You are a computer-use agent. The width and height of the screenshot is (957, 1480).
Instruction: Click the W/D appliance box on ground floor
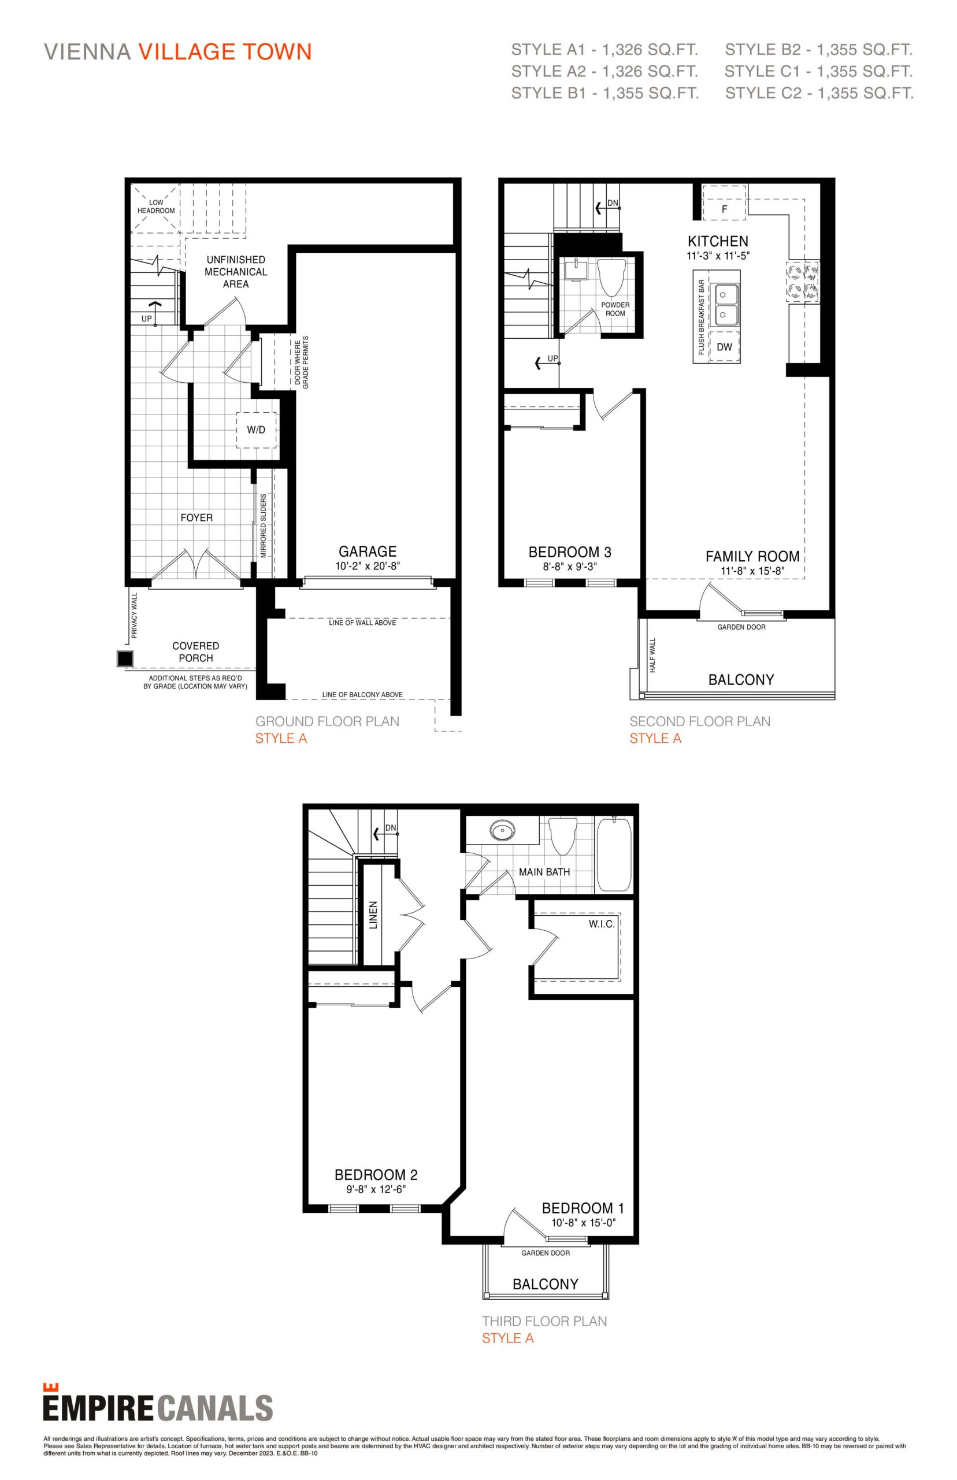(256, 429)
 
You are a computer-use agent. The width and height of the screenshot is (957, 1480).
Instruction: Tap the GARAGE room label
(368, 551)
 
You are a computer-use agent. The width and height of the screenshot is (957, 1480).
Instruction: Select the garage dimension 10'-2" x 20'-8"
(368, 566)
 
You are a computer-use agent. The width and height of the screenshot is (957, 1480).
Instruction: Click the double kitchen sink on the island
(725, 305)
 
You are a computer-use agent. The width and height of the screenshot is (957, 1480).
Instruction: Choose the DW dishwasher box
(725, 347)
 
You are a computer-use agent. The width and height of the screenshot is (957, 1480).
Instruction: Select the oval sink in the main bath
(503, 830)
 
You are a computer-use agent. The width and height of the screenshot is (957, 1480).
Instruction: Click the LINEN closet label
(373, 915)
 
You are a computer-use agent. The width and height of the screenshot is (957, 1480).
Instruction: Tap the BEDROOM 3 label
(570, 552)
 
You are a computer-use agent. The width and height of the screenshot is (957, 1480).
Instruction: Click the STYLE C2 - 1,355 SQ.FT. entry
(819, 93)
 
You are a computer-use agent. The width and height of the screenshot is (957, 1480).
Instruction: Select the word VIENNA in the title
(87, 52)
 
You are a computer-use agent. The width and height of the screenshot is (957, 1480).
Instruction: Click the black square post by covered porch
(125, 658)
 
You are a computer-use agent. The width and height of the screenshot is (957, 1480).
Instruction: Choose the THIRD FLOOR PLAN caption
(544, 1321)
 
